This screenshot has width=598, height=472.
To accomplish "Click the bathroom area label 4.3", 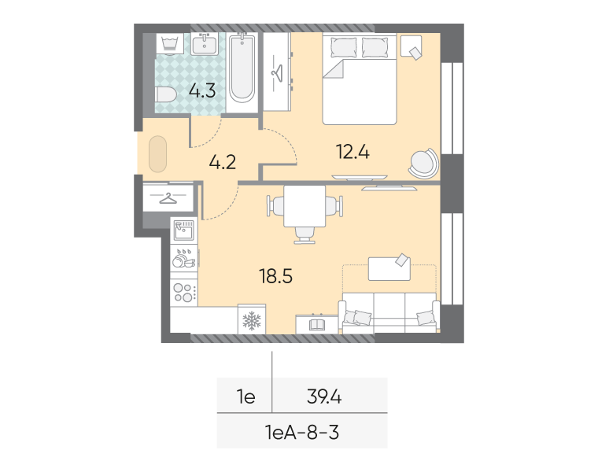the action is pos(202,90).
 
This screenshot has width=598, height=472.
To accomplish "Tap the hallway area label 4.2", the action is pos(223,162).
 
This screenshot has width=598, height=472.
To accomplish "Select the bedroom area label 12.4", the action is pos(353,152).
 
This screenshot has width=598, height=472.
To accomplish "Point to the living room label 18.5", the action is pos(275,276).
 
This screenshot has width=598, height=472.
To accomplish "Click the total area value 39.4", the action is pos(324,397).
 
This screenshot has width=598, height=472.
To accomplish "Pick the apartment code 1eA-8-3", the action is pos(302,433).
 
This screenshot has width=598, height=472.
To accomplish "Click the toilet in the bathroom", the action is pos(166,94).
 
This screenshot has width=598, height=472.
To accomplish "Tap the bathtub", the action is pos(242,68).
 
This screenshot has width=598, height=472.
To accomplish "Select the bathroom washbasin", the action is pos(205,44).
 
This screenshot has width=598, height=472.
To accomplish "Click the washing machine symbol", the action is pos(170,44).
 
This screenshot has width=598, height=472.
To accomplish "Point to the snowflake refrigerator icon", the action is pos(252,320).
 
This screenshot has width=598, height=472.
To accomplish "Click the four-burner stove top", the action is pos(184,293).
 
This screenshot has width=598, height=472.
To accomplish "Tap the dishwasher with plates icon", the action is pos(184,259).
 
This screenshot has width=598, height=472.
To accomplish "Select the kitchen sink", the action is pos(184,230).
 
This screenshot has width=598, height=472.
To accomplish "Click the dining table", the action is pos(305,206).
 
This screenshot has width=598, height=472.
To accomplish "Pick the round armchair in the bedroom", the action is pos(423,164).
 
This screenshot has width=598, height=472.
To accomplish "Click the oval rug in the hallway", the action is pos(157,154).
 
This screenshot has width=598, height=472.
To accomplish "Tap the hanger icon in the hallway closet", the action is pos(168,198).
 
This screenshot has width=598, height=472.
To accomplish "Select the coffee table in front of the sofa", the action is pos(389,268).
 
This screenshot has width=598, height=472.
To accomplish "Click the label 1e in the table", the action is pos(246,397).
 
